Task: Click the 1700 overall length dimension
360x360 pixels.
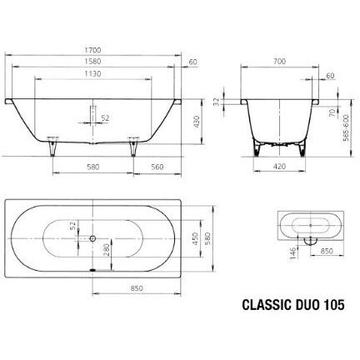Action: pyautogui.click(x=93, y=50)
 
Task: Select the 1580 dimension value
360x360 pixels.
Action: pyautogui.click(x=93, y=62)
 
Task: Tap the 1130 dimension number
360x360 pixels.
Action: pyautogui.click(x=93, y=74)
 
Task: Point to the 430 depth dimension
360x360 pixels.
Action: pyautogui.click(x=197, y=122)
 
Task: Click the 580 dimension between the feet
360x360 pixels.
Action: pyautogui.click(x=93, y=167)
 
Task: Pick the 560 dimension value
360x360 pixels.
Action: pyautogui.click(x=157, y=167)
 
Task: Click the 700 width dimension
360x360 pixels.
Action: pyautogui.click(x=279, y=62)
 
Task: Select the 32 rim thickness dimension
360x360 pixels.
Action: pyautogui.click(x=217, y=102)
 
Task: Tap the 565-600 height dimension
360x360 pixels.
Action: pyautogui.click(x=346, y=127)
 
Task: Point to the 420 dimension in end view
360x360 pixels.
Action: pyautogui.click(x=279, y=166)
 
